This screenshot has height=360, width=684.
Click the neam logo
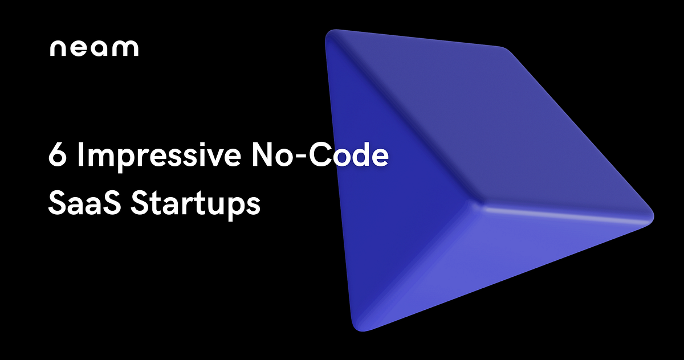click(93, 48)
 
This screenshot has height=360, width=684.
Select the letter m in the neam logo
click(125, 49)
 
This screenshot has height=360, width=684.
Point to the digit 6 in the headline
click(56, 156)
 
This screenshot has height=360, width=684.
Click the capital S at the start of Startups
click(139, 203)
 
